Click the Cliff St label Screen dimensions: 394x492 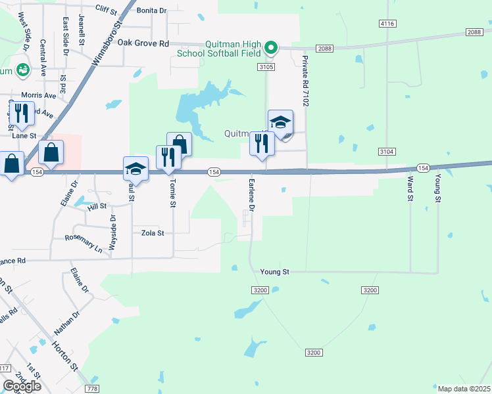[106, 9]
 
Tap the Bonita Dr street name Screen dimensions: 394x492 [153, 11]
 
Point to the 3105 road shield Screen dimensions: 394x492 [266, 67]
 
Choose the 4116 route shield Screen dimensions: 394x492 [387, 24]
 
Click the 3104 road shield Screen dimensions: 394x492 [387, 152]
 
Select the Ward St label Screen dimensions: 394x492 [410, 188]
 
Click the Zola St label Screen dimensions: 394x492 [152, 232]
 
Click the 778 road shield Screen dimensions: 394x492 [93, 389]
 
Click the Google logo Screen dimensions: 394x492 [22, 385]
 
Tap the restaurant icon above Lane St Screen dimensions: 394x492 [21, 114]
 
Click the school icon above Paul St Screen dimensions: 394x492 [136, 169]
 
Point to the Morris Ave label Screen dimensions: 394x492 [39, 95]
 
